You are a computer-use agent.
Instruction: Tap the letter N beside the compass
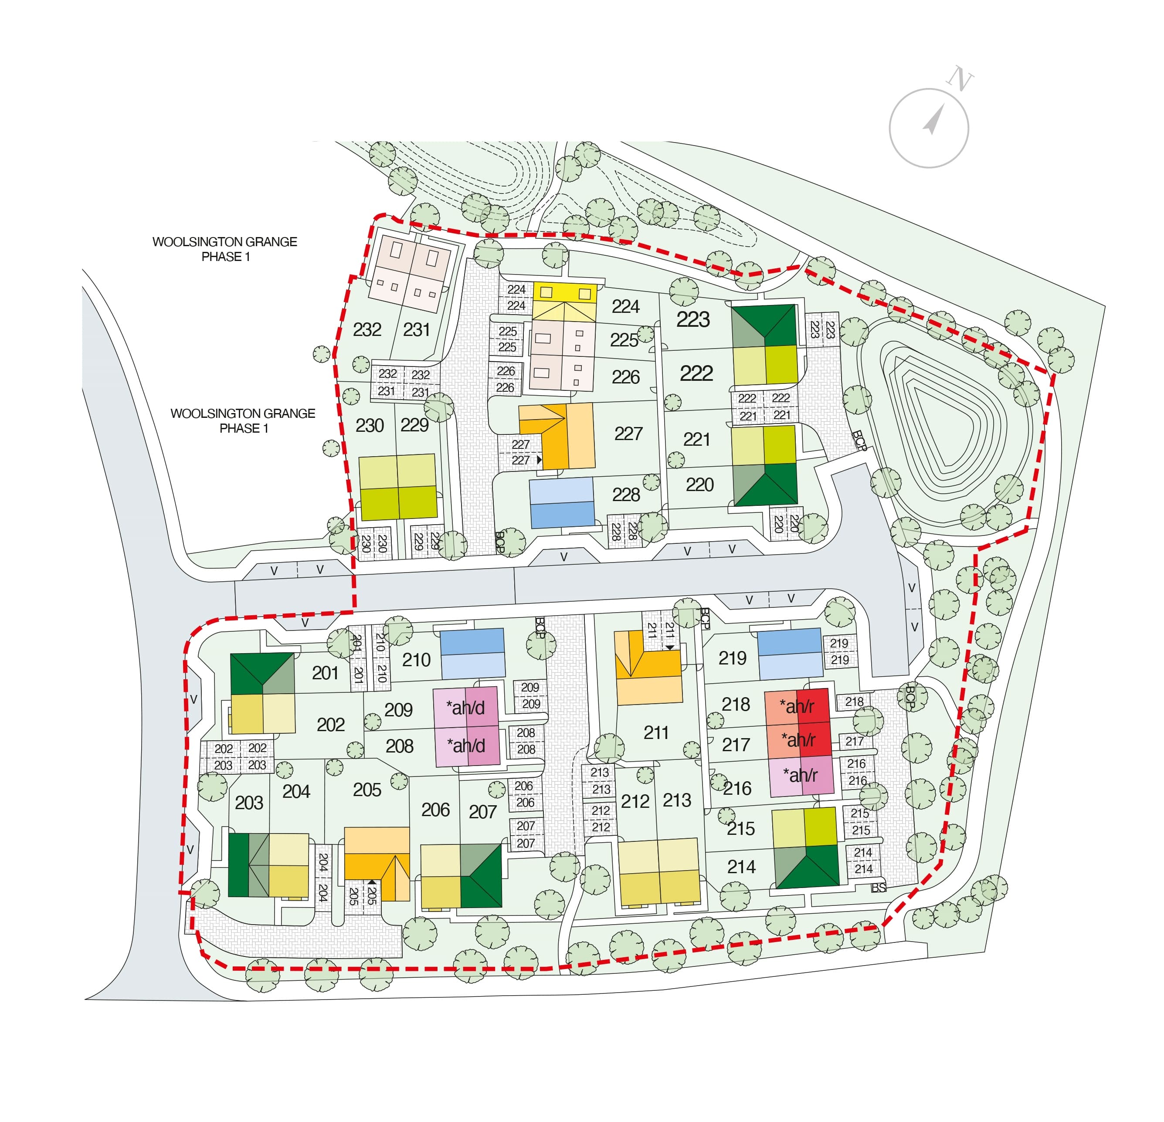960,79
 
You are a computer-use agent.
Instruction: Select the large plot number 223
693,320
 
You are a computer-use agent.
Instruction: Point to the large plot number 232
367,329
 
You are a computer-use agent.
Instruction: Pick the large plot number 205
367,790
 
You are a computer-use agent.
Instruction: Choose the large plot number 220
699,485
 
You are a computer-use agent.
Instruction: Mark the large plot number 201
325,673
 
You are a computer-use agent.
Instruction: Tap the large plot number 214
741,867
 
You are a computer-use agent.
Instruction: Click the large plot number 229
414,425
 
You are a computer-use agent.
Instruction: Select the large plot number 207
482,811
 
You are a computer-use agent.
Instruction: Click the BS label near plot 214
879,888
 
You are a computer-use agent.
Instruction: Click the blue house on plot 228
561,503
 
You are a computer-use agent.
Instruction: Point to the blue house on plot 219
790,654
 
